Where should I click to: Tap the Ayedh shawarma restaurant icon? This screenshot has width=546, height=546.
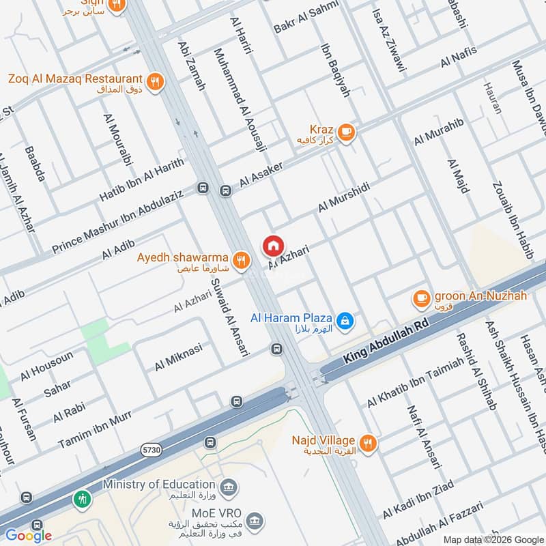[x=240, y=259]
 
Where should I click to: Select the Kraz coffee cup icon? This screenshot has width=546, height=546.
[x=346, y=131]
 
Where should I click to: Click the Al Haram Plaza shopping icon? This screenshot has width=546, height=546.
[x=346, y=319]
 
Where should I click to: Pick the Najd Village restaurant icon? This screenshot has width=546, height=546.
[x=368, y=443]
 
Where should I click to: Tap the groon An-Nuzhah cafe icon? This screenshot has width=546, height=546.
[x=421, y=298]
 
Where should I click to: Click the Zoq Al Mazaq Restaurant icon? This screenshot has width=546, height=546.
[x=156, y=81]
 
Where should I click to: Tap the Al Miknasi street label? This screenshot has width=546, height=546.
[x=178, y=357]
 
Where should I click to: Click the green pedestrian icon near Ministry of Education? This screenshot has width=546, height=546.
[x=81, y=498]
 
